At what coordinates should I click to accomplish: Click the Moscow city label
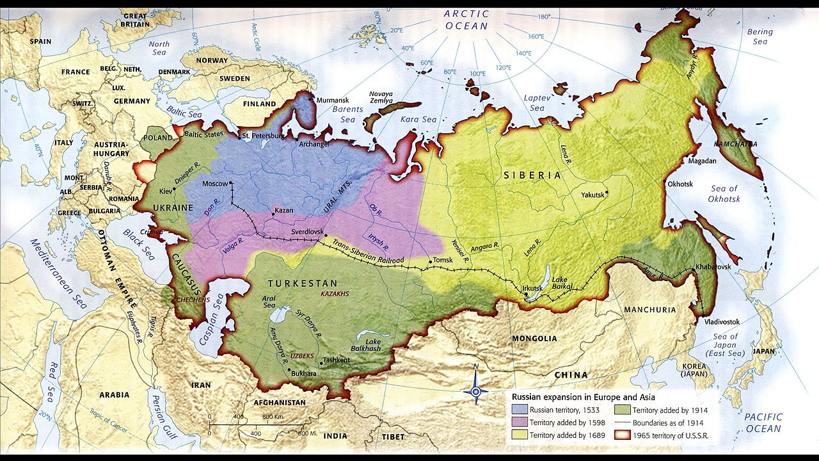click(x=214, y=184)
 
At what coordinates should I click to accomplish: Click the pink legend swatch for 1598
click(x=519, y=423)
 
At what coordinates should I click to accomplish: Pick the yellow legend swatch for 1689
click(x=519, y=435)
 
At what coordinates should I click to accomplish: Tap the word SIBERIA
click(x=532, y=175)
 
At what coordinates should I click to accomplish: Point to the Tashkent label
click(x=337, y=360)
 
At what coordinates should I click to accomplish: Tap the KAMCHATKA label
click(x=735, y=144)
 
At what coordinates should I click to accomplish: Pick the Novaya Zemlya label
click(x=381, y=97)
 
